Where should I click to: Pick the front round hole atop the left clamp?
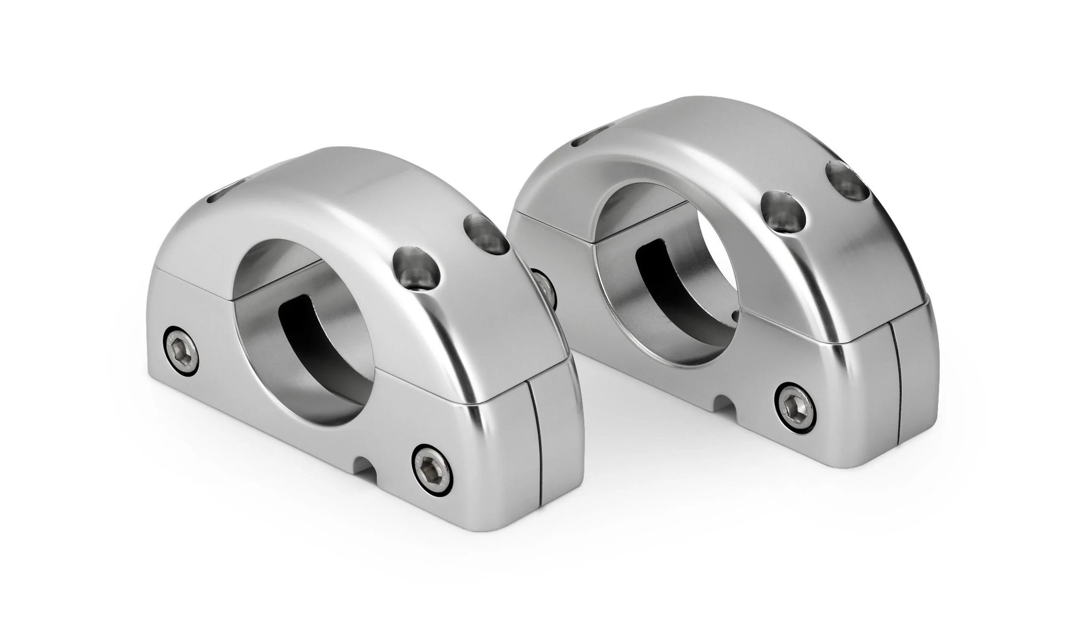coord(416,268)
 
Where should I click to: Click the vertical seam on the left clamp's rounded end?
coord(535,443)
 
